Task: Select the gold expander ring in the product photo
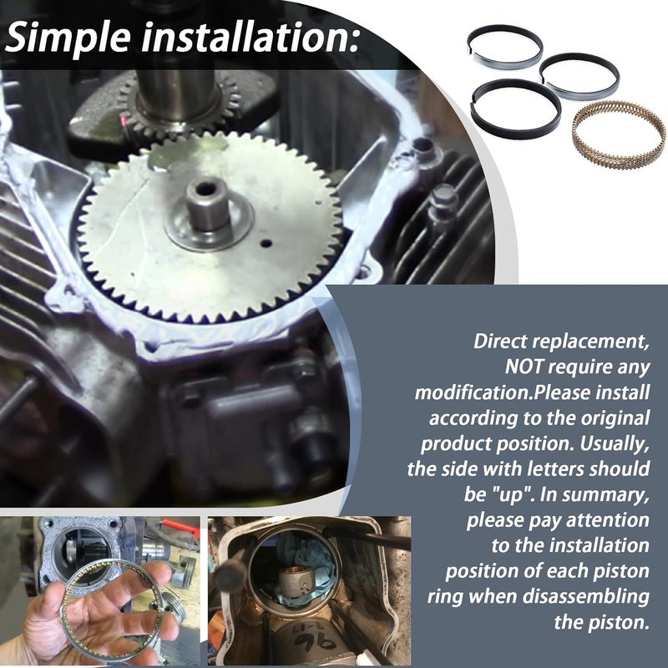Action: click(x=617, y=133)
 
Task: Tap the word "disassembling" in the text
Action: click(x=597, y=597)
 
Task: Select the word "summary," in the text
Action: click(x=610, y=494)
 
